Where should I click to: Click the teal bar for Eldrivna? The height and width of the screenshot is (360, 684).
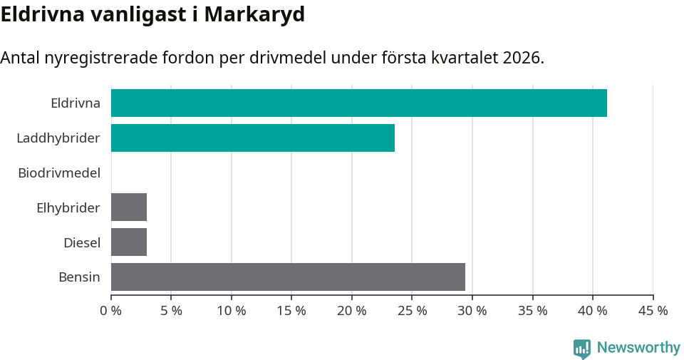(x=358, y=103)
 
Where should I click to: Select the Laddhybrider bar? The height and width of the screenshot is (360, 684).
(x=252, y=138)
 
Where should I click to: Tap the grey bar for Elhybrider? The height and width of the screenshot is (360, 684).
(x=129, y=207)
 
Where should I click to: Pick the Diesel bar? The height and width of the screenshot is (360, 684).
(x=129, y=242)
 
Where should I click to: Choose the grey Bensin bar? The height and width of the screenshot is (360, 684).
(x=288, y=277)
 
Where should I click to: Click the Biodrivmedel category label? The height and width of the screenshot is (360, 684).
(x=59, y=173)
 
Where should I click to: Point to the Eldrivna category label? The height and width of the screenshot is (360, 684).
(x=76, y=103)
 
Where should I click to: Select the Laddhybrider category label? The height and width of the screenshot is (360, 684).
(x=58, y=138)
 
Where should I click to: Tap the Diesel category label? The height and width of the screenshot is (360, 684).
(x=82, y=242)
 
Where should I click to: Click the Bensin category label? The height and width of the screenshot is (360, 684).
(x=79, y=277)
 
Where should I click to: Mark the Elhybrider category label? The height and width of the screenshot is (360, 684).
(x=68, y=207)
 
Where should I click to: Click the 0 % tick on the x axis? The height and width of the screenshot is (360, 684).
(x=111, y=311)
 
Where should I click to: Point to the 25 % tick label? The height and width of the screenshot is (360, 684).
(x=412, y=311)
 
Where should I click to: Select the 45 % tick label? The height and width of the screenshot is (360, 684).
(x=653, y=311)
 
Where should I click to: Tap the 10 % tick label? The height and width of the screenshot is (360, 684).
(x=232, y=311)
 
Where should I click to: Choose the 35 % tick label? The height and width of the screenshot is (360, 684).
(x=532, y=311)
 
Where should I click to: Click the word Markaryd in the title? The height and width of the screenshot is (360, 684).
(x=254, y=14)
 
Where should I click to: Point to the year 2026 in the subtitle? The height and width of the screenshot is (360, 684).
(x=522, y=58)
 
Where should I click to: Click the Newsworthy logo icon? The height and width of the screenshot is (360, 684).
(x=582, y=348)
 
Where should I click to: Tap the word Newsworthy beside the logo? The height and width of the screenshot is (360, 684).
(x=638, y=348)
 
